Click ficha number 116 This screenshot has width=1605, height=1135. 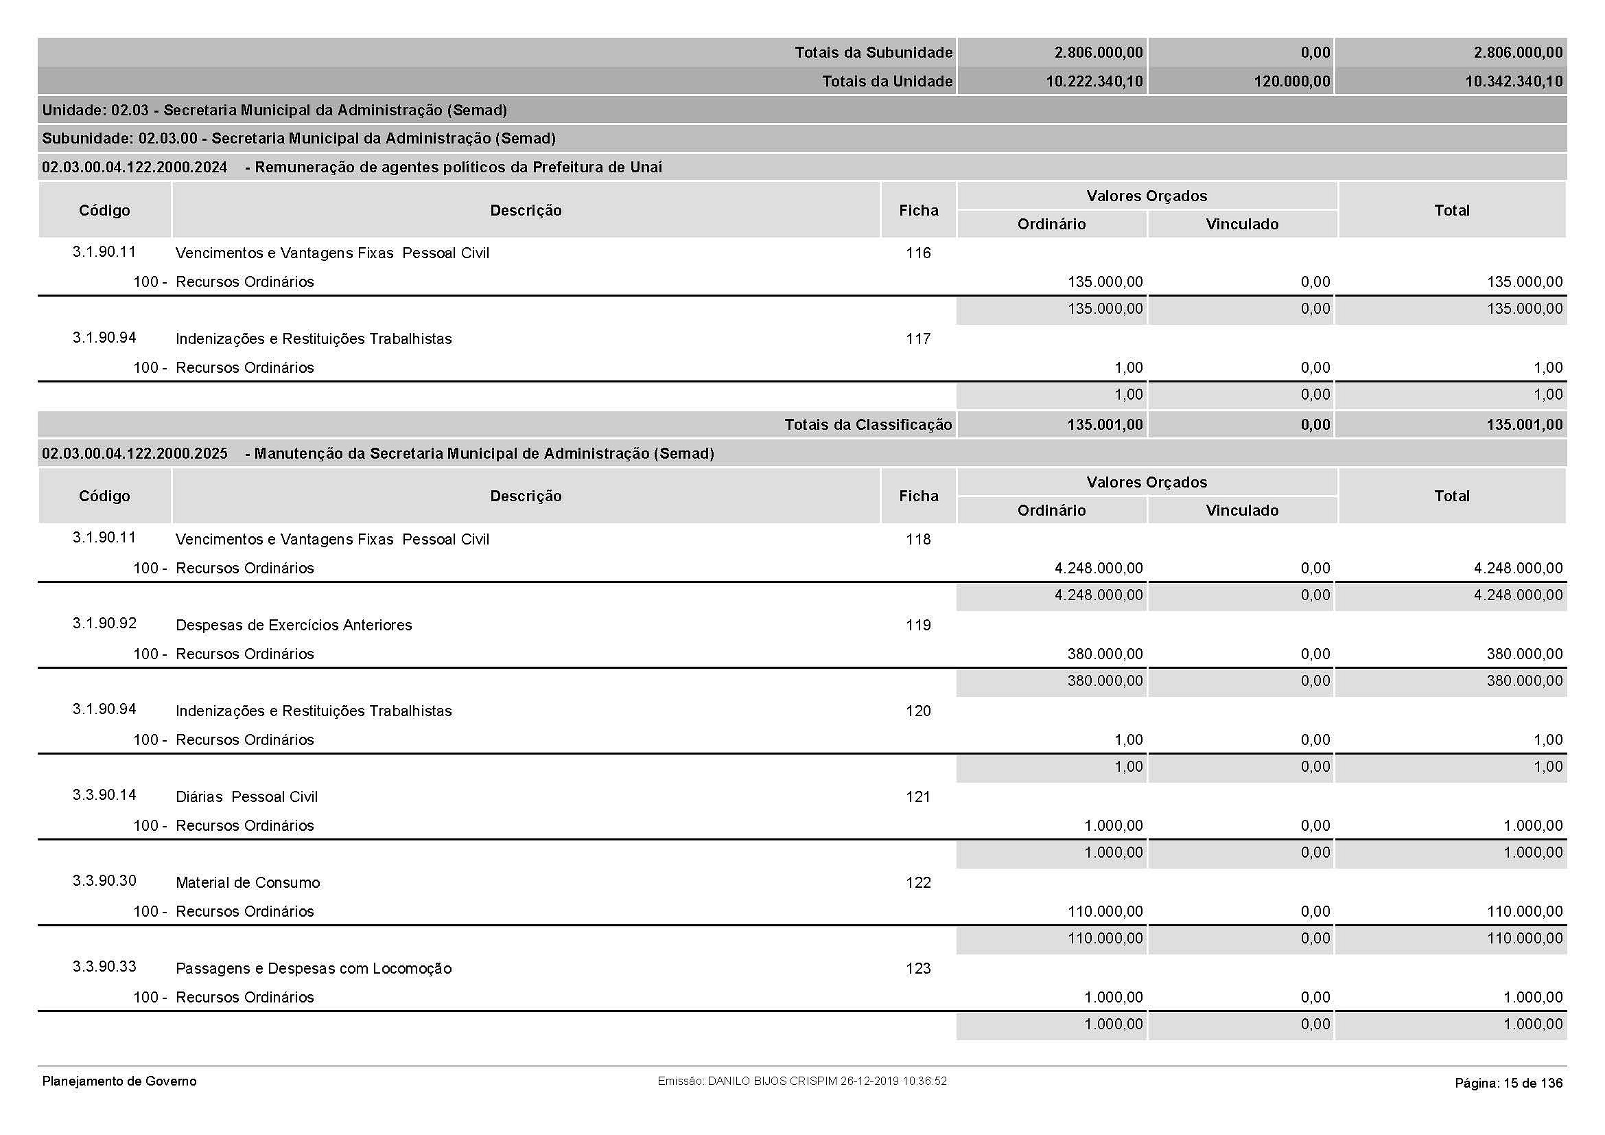click(918, 253)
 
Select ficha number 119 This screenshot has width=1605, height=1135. click(918, 626)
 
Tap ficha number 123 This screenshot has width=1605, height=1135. click(918, 969)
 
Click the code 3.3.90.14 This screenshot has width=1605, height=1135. click(104, 795)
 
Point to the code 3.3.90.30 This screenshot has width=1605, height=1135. click(104, 881)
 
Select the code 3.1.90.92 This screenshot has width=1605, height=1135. click(104, 623)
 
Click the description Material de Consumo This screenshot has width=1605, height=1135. click(248, 882)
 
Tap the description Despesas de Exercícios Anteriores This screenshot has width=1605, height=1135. click(294, 626)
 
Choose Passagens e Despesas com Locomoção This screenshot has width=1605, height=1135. click(313, 969)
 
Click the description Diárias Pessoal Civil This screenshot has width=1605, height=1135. click(246, 797)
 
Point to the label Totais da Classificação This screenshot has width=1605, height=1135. click(867, 424)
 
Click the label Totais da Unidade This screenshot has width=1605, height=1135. click(887, 81)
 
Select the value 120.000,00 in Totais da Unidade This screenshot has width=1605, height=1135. click(1291, 81)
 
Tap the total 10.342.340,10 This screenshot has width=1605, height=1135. click(1514, 81)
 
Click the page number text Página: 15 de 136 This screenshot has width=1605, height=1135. click(1508, 1084)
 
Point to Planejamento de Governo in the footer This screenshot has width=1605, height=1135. click(119, 1081)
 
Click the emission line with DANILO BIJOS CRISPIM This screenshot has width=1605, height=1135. click(801, 1081)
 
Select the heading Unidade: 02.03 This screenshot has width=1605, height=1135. click(274, 110)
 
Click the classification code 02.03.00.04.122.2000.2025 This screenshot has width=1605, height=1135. click(134, 453)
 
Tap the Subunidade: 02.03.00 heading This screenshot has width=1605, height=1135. click(298, 139)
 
